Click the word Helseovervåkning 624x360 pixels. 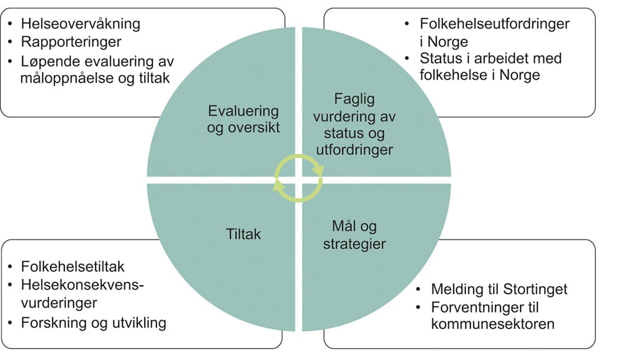(x=80, y=24)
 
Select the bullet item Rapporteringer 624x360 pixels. (x=70, y=43)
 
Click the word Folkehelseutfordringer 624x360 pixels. (x=495, y=24)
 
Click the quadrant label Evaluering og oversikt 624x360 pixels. (x=243, y=120)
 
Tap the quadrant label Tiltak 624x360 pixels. (x=243, y=235)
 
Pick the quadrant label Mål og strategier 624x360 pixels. (x=354, y=234)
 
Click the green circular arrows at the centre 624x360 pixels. (x=299, y=178)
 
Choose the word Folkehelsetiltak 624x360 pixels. (x=73, y=267)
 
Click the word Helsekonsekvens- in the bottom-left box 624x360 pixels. (x=82, y=285)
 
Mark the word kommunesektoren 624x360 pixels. (x=492, y=324)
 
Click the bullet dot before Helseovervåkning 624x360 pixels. (x=11, y=25)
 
